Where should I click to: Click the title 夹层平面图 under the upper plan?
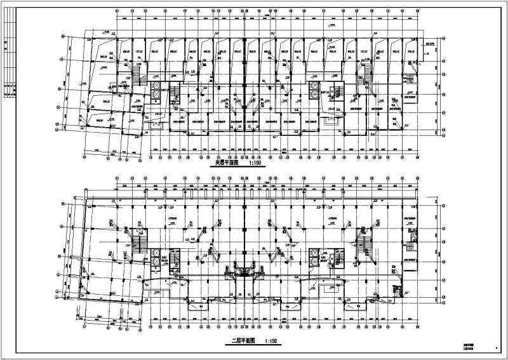pyautogui.click(x=228, y=163)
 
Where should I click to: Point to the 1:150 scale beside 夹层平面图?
pyautogui.click(x=257, y=163)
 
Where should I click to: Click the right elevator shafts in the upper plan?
pyautogui.click(x=314, y=88)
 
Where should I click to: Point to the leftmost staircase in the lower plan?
pyautogui.click(x=141, y=242)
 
